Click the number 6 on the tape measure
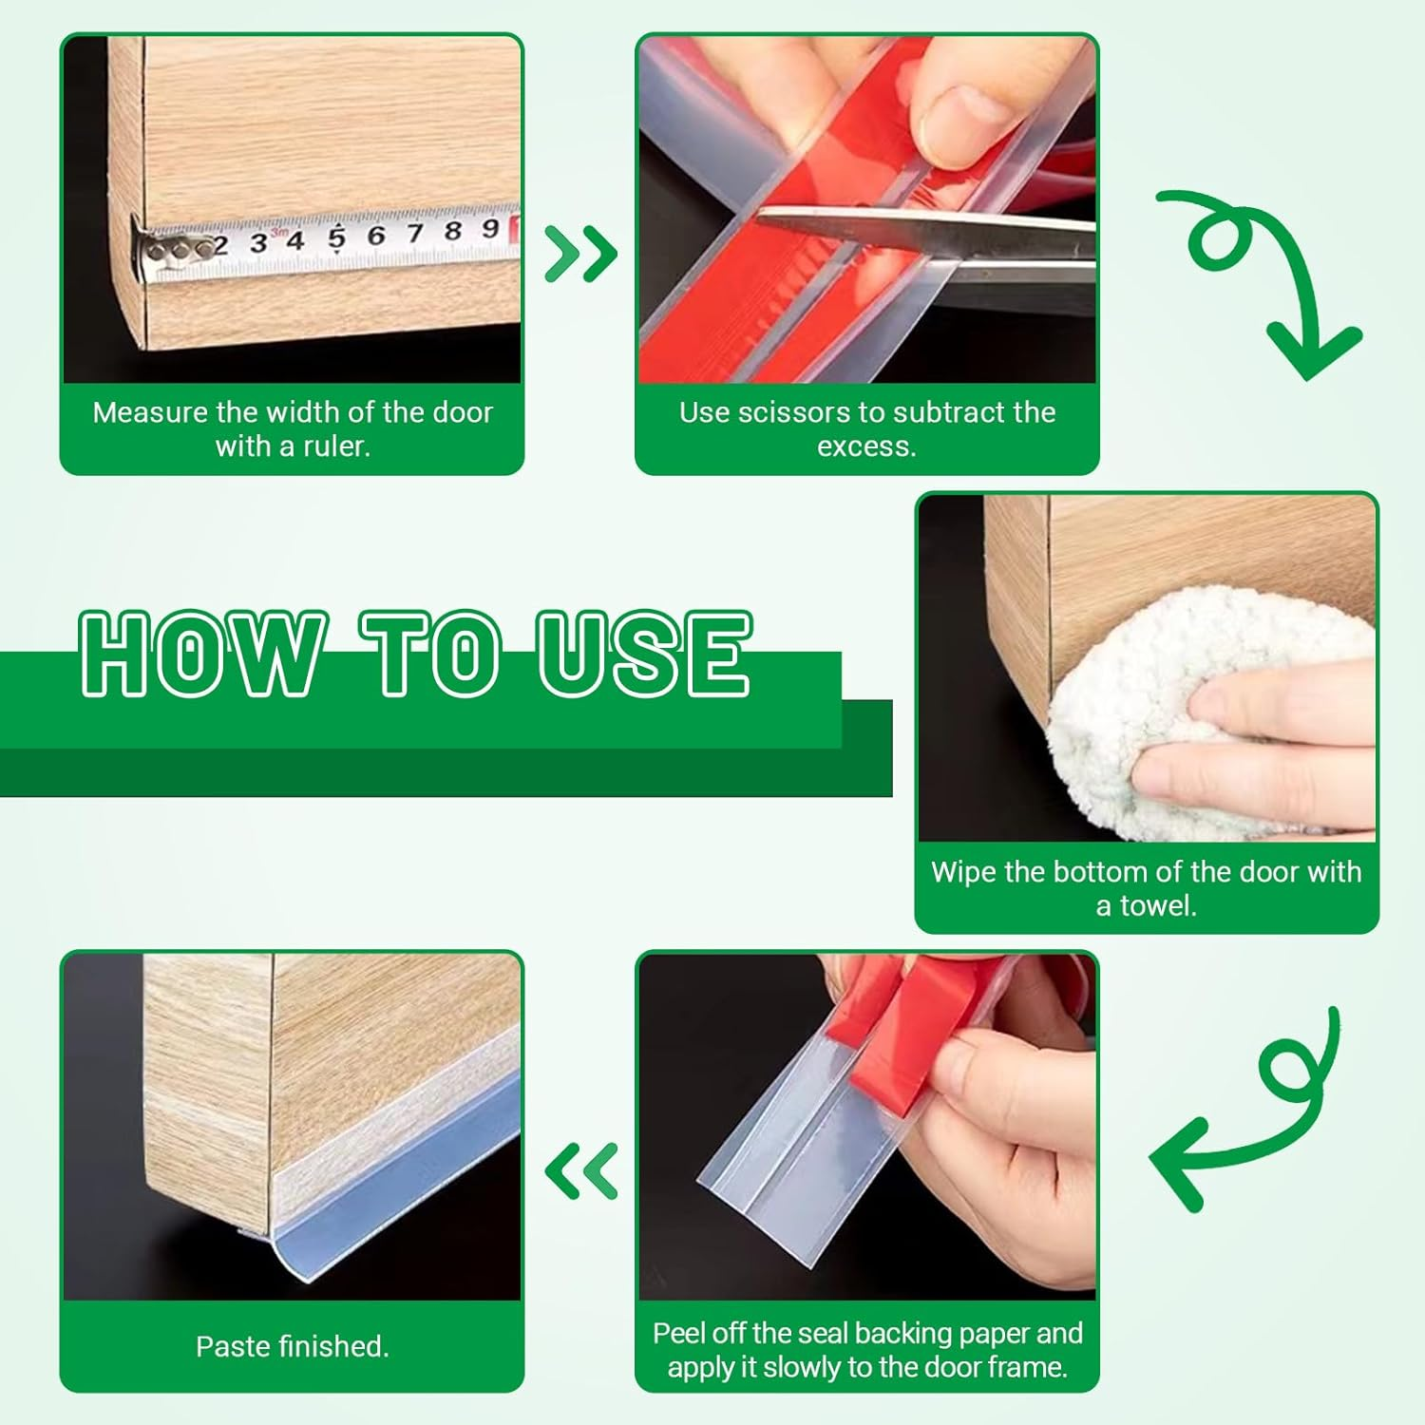(376, 235)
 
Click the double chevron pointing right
(581, 254)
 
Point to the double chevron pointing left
(581, 1170)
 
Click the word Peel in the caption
(679, 1333)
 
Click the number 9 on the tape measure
(490, 228)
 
